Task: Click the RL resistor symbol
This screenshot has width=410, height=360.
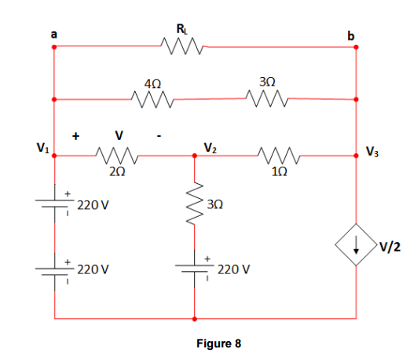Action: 182,46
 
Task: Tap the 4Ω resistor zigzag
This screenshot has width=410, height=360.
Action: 152,99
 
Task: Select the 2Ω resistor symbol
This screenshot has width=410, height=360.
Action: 117,156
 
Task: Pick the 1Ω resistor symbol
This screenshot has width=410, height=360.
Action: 279,156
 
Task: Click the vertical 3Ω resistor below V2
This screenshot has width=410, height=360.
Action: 195,204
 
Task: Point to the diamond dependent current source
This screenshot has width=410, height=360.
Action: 356,244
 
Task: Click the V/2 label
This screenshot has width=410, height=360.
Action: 390,247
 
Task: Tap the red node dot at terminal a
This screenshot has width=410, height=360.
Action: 54,47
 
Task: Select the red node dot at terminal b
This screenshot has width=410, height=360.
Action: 356,47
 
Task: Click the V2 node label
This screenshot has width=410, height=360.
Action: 210,148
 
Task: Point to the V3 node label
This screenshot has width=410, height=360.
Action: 372,152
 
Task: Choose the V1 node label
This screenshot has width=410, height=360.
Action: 42,148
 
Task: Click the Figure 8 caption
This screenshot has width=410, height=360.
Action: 218,343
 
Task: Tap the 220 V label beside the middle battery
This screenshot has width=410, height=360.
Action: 233,270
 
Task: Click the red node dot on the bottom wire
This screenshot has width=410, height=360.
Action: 195,319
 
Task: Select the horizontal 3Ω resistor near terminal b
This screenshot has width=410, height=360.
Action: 267,98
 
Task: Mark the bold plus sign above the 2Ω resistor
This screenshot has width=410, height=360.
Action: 75,136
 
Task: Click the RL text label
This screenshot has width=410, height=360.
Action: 182,29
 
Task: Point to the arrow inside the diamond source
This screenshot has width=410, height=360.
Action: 356,244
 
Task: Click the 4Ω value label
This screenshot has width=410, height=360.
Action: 152,84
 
